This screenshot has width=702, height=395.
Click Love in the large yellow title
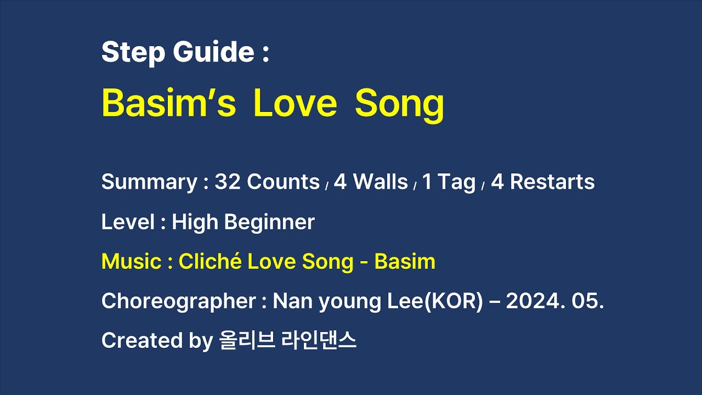tap(295, 104)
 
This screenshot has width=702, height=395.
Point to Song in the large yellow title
tap(399, 104)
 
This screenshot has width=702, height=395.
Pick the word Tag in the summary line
tap(457, 183)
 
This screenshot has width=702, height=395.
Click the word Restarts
tap(552, 182)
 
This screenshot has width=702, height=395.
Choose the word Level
tap(128, 222)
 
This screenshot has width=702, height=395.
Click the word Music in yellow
tap(131, 262)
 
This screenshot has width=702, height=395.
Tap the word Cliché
tap(210, 262)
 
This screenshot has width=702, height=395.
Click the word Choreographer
tap(179, 301)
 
